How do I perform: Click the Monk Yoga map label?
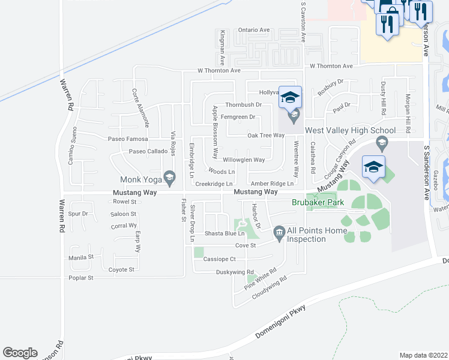[x=141, y=179]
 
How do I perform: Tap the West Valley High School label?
[x=350, y=130]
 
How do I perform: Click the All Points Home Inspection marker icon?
[x=279, y=232]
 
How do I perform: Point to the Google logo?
[x=20, y=353]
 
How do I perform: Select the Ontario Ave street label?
[x=254, y=29]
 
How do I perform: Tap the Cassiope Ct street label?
[x=223, y=259]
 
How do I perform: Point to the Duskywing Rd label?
[x=235, y=272]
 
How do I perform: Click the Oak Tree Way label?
[x=266, y=136]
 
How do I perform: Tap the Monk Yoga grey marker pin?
[x=170, y=176]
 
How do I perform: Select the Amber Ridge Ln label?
[x=273, y=184]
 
